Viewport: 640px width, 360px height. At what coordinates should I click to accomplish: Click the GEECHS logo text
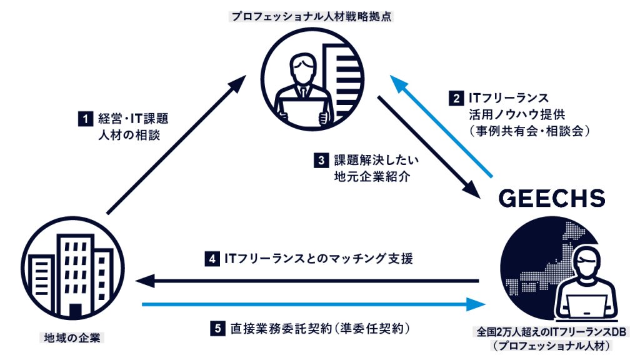pyautogui.click(x=551, y=198)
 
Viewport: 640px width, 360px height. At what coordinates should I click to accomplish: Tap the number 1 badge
pyautogui.click(x=85, y=119)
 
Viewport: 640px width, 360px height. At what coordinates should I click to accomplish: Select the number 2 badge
pyautogui.click(x=456, y=98)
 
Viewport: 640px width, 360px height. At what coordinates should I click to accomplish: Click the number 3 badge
pyautogui.click(x=321, y=161)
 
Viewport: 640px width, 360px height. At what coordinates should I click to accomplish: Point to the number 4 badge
pyautogui.click(x=212, y=259)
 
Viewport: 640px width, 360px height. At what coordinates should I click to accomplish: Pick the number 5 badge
pyautogui.click(x=217, y=329)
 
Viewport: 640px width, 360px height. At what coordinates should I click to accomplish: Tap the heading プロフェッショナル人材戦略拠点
pyautogui.click(x=312, y=16)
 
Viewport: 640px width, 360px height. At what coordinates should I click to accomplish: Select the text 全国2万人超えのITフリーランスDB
pyautogui.click(x=551, y=332)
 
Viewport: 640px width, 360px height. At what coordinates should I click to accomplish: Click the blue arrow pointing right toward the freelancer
pyautogui.click(x=314, y=304)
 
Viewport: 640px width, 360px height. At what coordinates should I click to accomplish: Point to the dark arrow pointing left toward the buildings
pyautogui.click(x=307, y=281)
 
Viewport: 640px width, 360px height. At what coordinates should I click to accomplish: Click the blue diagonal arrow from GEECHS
pyautogui.click(x=442, y=126)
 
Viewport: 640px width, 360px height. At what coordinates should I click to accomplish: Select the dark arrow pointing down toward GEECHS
pyautogui.click(x=429, y=147)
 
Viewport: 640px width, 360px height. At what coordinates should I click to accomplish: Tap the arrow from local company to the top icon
pyautogui.click(x=176, y=144)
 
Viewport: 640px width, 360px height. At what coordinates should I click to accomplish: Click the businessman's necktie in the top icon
pyautogui.click(x=303, y=91)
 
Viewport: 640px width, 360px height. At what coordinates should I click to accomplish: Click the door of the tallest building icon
pyautogui.click(x=75, y=311)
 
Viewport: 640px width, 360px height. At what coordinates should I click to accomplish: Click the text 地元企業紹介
pyautogui.click(x=372, y=176)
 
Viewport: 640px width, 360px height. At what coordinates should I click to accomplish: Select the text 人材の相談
pyautogui.click(x=129, y=135)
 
